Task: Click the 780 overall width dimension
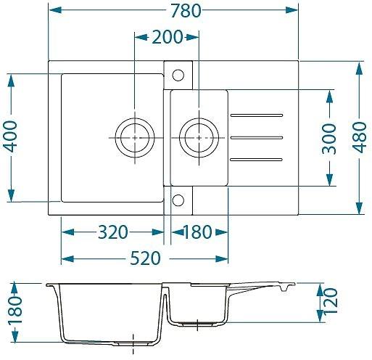click(186, 11)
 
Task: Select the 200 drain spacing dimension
click(168, 37)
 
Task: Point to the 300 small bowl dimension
click(329, 139)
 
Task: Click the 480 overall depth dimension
click(360, 137)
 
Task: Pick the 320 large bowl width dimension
click(113, 232)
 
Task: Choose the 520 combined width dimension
click(145, 258)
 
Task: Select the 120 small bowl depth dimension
click(331, 301)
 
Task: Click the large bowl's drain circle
click(135, 138)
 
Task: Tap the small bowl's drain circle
click(199, 138)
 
